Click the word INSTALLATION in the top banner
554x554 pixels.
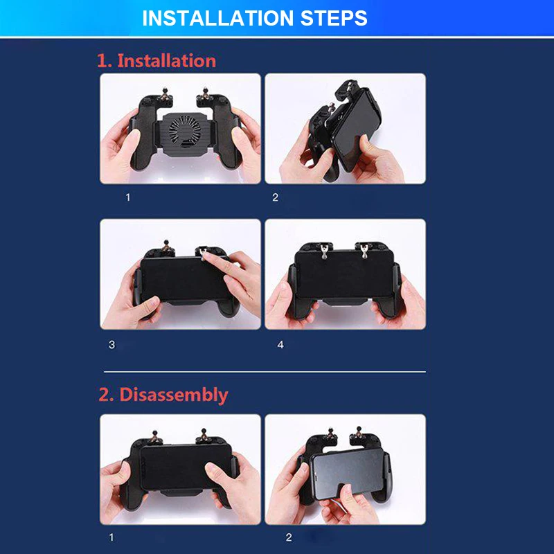[x=217, y=18]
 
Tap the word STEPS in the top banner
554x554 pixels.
[x=334, y=18]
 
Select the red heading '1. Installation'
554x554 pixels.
[x=157, y=60]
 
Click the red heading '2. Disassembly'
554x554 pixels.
[x=163, y=395]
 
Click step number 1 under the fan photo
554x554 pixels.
[x=128, y=197]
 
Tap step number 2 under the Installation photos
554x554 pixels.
[x=275, y=197]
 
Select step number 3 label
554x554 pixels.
[x=111, y=344]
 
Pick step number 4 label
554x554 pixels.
[x=280, y=344]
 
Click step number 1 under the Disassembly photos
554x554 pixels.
[x=111, y=537]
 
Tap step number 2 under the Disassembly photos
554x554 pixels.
[x=289, y=537]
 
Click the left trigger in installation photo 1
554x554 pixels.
[x=164, y=93]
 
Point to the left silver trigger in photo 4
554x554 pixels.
[x=324, y=251]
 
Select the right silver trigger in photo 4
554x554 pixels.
[x=364, y=250]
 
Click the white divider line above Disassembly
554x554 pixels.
[x=265, y=372]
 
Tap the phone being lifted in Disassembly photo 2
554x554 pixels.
[x=348, y=472]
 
